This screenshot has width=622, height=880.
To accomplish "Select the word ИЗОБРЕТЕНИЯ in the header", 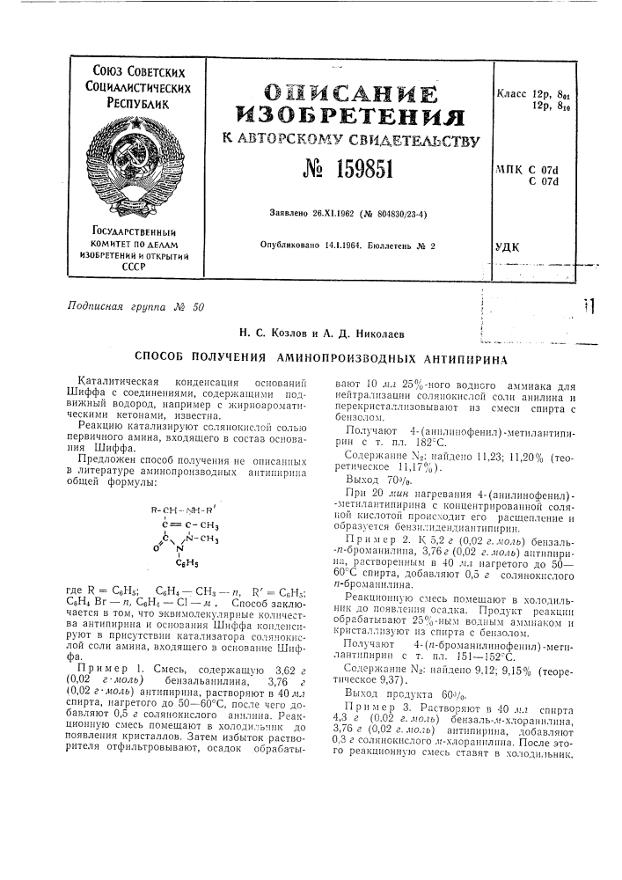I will click(348, 114).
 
